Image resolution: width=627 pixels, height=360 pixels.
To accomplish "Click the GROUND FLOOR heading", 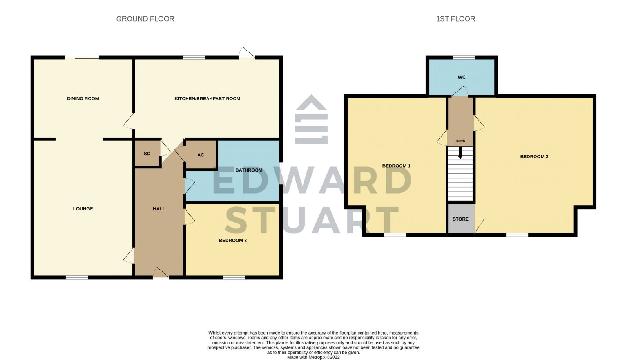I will [145, 19].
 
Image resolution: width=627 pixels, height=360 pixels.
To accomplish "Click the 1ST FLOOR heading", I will [455, 19].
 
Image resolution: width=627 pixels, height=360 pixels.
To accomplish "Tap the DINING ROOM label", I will [83, 99].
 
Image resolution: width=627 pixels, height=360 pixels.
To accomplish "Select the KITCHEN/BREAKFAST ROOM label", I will [207, 99].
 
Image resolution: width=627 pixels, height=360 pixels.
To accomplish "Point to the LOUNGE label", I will [83, 209].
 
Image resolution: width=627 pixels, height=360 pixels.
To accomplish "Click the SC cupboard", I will [147, 154].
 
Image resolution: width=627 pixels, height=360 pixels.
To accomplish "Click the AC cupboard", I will [201, 155].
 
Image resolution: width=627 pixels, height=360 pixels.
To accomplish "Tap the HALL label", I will [159, 209].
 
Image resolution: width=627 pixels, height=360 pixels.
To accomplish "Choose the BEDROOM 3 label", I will [233, 241].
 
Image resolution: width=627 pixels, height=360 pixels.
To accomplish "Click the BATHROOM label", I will [249, 170].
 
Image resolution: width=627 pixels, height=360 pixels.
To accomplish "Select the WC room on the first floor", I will [462, 77].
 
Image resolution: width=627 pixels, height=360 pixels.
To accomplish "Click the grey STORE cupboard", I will [460, 219].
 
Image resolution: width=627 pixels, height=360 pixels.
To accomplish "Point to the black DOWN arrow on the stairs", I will [460, 152].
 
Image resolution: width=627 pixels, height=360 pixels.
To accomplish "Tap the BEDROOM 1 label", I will [396, 166].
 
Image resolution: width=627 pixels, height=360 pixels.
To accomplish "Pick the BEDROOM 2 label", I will [534, 157].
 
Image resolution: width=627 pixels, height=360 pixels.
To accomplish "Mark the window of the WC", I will [464, 58].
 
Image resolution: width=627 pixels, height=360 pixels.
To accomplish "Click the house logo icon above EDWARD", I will [311, 119].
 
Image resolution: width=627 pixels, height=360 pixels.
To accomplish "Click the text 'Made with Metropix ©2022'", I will [313, 357].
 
